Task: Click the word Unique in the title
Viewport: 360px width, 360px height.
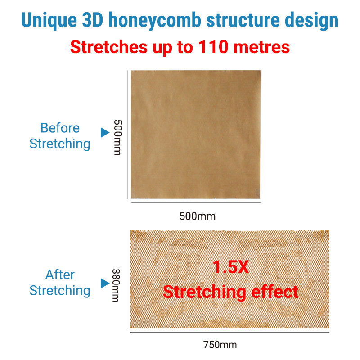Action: [x=49, y=21]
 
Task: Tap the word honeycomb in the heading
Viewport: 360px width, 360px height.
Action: [x=155, y=21]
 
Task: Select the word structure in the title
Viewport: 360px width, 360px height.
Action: [x=243, y=20]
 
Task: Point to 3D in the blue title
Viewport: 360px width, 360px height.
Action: [x=93, y=20]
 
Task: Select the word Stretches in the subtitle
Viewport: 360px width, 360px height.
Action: [x=108, y=47]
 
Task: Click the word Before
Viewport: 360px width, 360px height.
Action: [x=60, y=128]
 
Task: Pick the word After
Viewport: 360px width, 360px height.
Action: [x=60, y=274]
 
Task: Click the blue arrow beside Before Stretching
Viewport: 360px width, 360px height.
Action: [x=105, y=132]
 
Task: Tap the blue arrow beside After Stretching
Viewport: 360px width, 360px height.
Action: [x=105, y=283]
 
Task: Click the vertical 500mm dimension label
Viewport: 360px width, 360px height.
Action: [x=118, y=137]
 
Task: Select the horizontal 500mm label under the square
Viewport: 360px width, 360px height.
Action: [x=198, y=216]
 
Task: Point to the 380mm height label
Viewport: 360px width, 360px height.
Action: [x=116, y=285]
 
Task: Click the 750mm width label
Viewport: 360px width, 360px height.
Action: [x=220, y=345]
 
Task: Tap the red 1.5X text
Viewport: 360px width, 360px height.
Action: [x=230, y=267]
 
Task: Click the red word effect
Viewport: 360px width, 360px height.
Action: [x=275, y=292]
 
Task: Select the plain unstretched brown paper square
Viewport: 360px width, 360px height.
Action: [x=196, y=134]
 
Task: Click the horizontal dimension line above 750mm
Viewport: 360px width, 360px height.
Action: [x=229, y=332]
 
